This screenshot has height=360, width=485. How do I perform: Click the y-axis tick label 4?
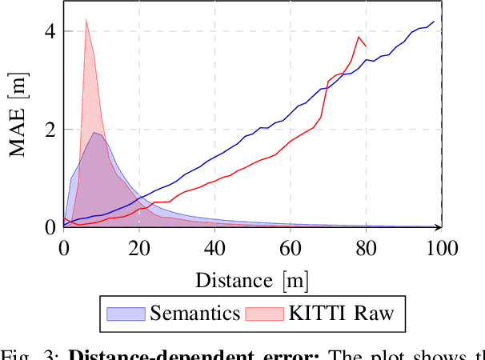click(x=49, y=31)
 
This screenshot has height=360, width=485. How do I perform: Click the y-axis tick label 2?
click(x=49, y=130)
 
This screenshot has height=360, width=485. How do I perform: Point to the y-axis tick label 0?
click(x=49, y=227)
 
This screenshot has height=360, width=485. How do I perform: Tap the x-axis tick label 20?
click(x=139, y=248)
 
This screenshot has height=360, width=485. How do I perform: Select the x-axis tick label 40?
click(x=214, y=248)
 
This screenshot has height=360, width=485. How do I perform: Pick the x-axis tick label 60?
click(x=290, y=248)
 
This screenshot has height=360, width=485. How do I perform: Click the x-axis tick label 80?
click(x=365, y=248)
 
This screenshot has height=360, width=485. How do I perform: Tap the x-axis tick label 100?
click(x=439, y=248)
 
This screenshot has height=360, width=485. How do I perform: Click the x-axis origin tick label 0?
click(x=64, y=248)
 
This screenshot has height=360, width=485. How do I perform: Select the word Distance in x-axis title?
click(x=228, y=280)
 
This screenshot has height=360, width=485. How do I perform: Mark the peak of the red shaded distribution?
click(x=86, y=18)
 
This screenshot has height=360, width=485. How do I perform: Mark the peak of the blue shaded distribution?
click(x=95, y=133)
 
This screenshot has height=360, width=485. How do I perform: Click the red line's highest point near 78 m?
click(x=359, y=37)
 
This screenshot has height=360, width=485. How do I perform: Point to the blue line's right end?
click(x=435, y=22)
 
